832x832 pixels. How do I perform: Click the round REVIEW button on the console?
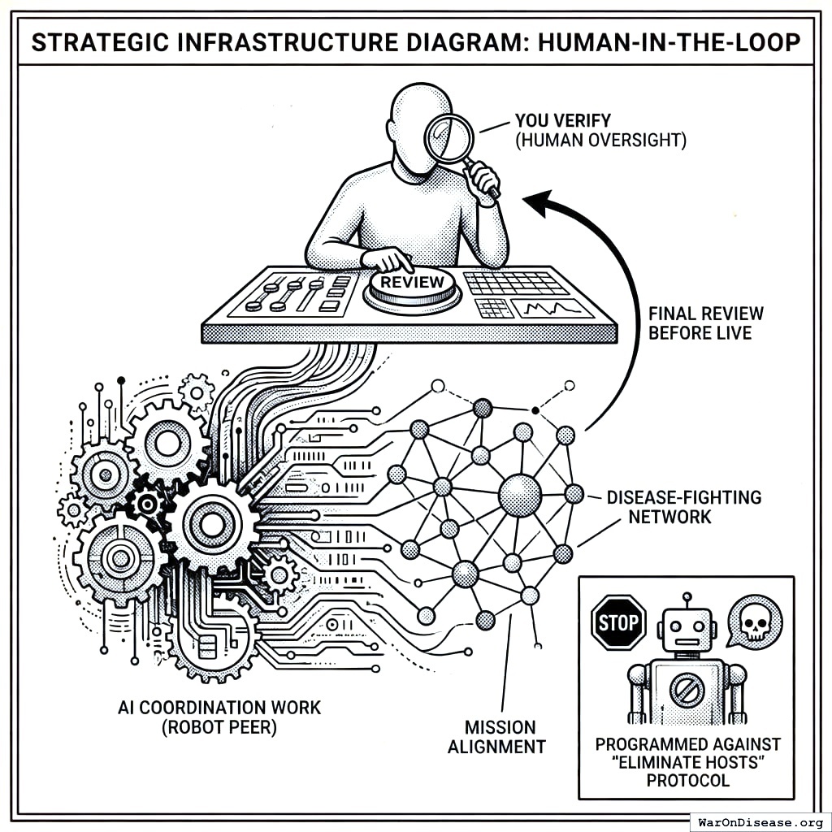[413, 285]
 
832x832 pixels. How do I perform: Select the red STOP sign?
[618, 623]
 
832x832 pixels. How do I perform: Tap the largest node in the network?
[520, 495]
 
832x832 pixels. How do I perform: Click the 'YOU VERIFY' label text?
[562, 122]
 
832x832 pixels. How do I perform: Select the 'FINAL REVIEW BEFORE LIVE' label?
[705, 323]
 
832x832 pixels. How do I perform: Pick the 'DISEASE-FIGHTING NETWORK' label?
[684, 507]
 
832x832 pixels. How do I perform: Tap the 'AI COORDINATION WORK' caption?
[219, 707]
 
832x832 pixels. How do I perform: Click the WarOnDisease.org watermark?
[760, 821]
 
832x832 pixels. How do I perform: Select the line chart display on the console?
[552, 308]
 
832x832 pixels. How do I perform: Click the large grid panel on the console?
[517, 282]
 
